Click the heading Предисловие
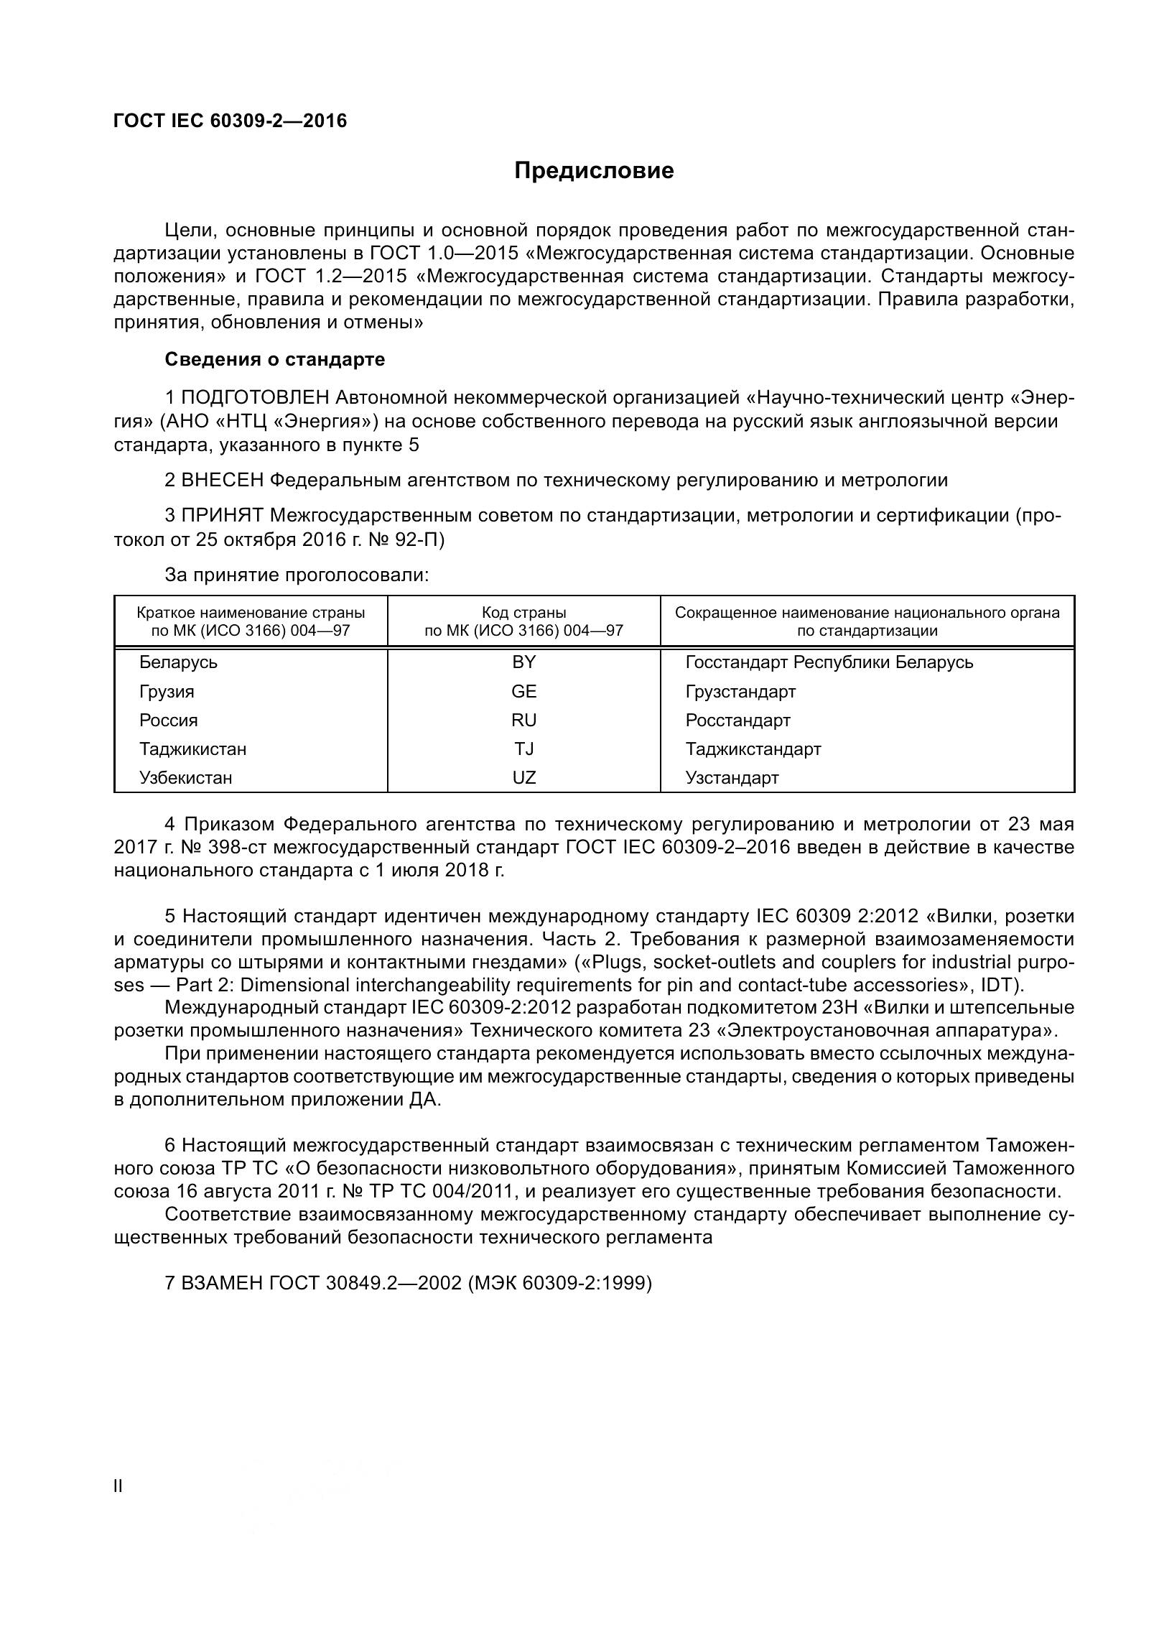pos(594,171)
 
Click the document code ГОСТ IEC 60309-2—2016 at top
pos(230,121)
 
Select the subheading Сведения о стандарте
pos(275,359)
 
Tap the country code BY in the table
pos(523,662)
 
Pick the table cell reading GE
pos(523,691)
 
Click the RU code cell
pos(523,720)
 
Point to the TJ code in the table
pos(523,749)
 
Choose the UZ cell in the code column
pos(523,777)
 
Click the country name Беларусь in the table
pos(178,662)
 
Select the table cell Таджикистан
pos(192,749)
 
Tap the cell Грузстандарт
pos(740,691)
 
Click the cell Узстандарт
pos(732,777)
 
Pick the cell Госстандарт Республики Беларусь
pos(829,662)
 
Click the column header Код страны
pos(523,613)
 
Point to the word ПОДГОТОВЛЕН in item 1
pos(256,397)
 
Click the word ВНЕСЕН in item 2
pos(223,480)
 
